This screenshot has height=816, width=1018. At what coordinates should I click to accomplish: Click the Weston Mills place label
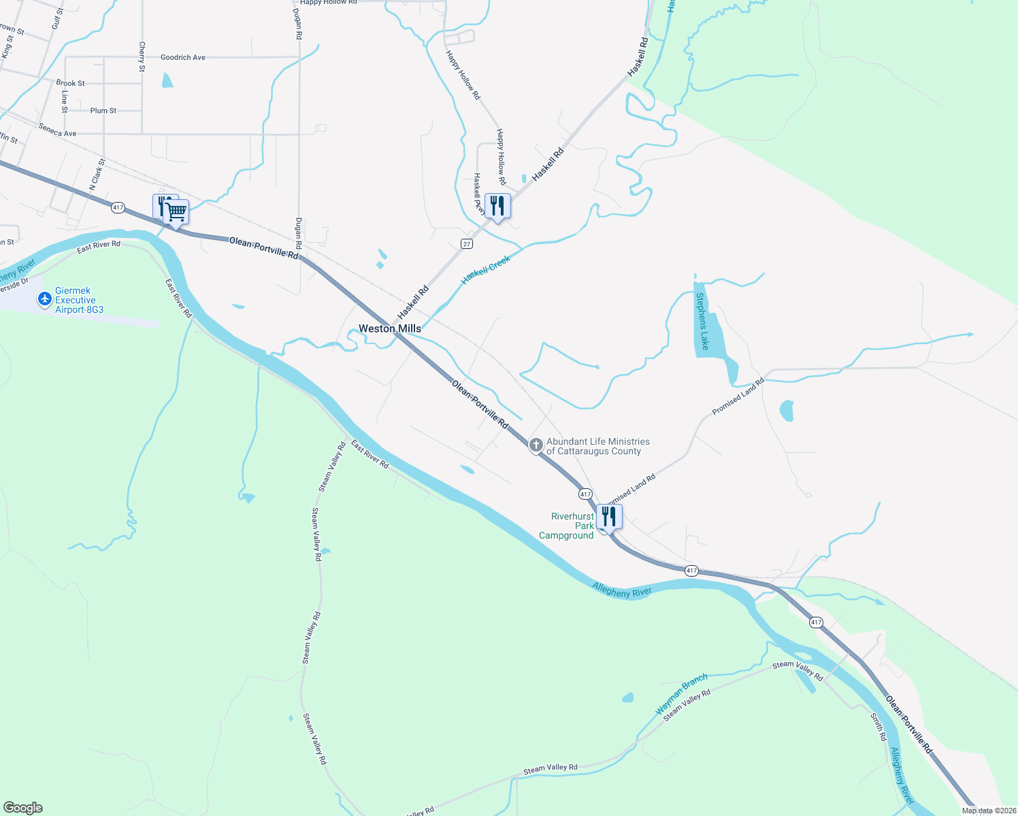click(390, 328)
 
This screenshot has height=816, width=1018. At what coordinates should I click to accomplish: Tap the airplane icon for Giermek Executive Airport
click(45, 299)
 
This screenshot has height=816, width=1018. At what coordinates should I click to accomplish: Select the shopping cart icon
click(176, 212)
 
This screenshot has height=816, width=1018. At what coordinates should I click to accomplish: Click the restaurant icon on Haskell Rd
click(497, 205)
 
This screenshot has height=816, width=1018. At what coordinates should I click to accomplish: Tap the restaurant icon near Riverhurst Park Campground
click(608, 517)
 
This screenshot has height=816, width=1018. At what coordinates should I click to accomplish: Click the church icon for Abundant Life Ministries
click(536, 445)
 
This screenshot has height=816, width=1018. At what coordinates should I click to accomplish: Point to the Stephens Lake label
click(702, 321)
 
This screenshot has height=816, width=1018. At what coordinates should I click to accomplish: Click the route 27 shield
click(466, 243)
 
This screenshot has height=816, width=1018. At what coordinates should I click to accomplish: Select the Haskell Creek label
click(486, 270)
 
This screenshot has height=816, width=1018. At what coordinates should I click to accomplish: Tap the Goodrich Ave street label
click(182, 58)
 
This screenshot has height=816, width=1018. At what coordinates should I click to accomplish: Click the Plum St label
click(103, 110)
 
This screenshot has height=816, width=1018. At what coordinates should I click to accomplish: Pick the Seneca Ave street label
click(57, 129)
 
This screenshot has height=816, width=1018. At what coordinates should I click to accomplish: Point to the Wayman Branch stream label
click(681, 694)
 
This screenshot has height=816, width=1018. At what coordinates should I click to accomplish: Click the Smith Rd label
click(879, 726)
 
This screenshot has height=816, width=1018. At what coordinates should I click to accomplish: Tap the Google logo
click(22, 808)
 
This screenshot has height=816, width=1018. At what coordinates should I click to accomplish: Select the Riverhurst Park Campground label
click(567, 526)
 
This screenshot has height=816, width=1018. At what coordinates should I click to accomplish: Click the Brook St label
click(70, 83)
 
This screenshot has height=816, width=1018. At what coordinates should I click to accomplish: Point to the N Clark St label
click(97, 175)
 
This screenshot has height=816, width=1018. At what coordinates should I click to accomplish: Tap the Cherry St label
click(142, 56)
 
